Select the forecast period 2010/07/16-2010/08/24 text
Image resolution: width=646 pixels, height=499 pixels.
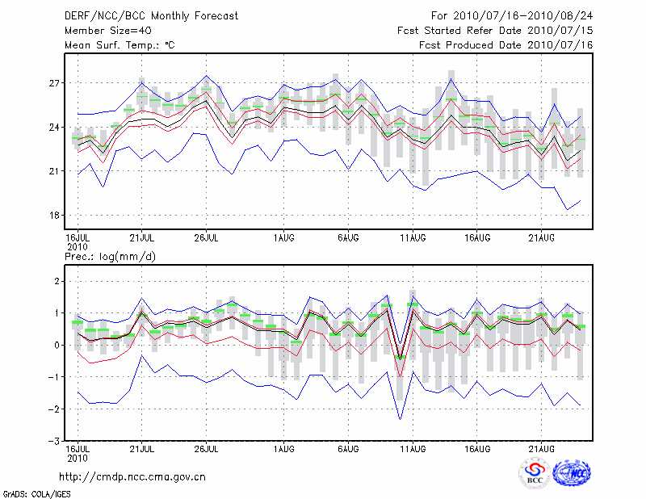click(x=512, y=15)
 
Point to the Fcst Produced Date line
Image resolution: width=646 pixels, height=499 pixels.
click(x=506, y=45)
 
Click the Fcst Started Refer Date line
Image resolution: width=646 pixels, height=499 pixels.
click(x=495, y=30)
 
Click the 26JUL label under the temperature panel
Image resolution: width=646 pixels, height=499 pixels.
click(x=208, y=238)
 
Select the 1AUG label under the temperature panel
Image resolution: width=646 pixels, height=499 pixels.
click(x=283, y=238)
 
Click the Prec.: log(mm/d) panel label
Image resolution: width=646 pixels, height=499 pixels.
click(x=111, y=256)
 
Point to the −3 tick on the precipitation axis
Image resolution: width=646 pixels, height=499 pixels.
click(x=53, y=442)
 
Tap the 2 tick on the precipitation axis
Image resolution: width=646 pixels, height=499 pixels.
click(x=57, y=281)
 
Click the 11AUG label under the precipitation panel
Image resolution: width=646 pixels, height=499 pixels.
click(x=413, y=448)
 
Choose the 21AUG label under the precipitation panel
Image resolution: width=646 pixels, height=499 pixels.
click(x=541, y=448)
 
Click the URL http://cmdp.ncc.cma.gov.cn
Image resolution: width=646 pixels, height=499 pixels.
click(x=132, y=476)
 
